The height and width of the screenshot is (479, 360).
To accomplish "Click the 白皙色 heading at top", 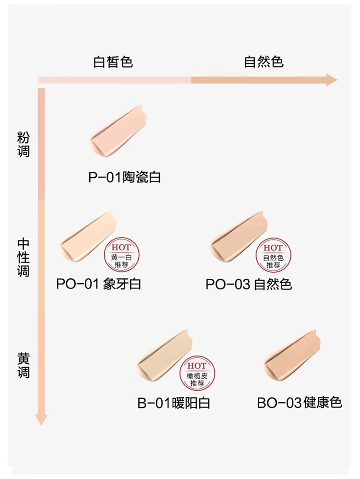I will (x=113, y=62).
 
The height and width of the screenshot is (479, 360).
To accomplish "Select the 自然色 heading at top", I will (x=264, y=62).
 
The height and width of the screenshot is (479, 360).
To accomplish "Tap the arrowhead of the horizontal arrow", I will (x=331, y=80).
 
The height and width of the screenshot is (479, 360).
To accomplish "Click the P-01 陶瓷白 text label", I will (x=124, y=177).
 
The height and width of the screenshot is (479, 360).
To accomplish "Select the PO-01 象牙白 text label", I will (x=98, y=284).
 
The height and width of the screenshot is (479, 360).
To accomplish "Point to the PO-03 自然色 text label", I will (x=249, y=284).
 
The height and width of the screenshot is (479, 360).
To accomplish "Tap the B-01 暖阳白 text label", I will (x=174, y=402).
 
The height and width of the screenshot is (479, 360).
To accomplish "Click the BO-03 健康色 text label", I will (x=300, y=402).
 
